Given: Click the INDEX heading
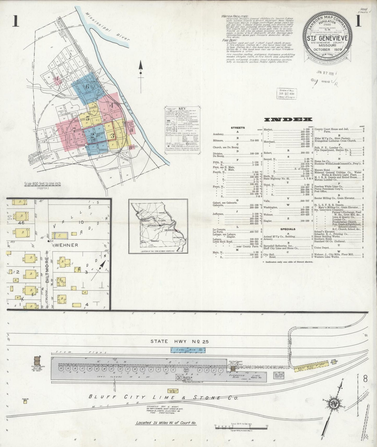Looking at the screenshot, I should point(288,119).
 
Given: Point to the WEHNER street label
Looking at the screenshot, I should point(66,245).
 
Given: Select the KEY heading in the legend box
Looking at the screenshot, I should point(182,108).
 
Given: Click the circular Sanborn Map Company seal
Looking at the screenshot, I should point(328,40).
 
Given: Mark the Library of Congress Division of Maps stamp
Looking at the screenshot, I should point(286,93).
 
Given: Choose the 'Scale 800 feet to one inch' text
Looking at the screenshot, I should point(43,184).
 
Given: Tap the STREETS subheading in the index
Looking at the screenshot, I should point(238,128).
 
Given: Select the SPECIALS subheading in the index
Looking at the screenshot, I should point(288,229).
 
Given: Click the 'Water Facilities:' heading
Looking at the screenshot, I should point(235,16).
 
